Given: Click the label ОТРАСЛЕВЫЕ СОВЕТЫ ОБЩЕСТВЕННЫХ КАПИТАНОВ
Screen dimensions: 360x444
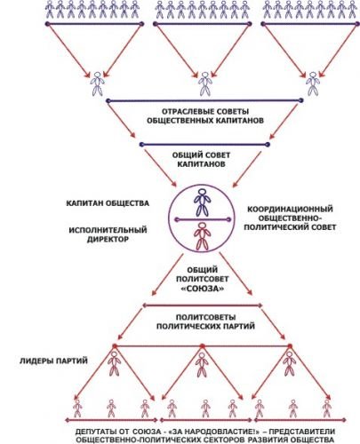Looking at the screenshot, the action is point(205,116).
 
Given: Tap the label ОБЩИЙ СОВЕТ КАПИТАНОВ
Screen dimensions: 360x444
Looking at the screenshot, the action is point(201,159).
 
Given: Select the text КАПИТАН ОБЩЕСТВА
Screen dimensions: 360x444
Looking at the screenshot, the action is point(108,203).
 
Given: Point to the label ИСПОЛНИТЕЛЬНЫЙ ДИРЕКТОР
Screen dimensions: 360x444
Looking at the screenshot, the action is point(108,234).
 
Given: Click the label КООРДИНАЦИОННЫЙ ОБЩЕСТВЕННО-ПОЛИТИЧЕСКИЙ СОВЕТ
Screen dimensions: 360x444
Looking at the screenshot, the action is point(290,218).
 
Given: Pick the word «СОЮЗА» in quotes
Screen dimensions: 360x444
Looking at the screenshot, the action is point(202,288).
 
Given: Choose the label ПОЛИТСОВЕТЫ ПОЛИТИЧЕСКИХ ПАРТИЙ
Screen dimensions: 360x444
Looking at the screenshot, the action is point(205,321).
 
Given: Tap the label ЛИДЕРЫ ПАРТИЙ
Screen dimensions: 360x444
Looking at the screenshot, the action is point(53,361).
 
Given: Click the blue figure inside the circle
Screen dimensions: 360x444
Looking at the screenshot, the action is point(202,202).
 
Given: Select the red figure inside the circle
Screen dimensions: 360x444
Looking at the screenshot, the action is point(202,236).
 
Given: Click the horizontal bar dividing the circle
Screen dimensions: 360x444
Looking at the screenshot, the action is point(203,219).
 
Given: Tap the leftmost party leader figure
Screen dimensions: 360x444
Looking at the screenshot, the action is point(114,364).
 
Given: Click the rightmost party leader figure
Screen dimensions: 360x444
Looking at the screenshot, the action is point(289,364).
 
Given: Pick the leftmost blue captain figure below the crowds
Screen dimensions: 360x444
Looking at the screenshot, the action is point(97,83).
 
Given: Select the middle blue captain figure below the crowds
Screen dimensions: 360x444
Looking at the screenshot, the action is point(204,83).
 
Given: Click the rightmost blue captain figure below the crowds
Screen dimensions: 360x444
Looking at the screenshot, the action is point(313,83).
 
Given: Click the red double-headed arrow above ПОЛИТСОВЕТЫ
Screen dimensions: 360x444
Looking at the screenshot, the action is point(203,305).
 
